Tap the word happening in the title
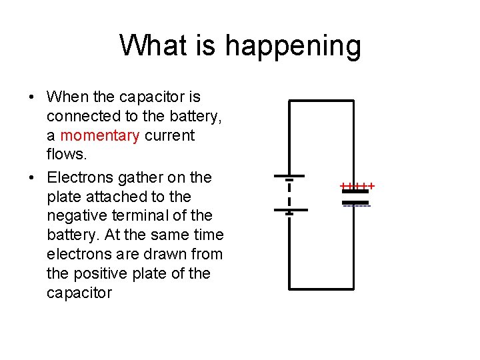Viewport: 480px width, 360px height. point(293,46)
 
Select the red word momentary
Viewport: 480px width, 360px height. point(100,136)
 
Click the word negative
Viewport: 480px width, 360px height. point(75,216)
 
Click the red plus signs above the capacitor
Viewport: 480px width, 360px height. point(357,185)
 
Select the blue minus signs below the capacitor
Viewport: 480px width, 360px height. point(357,205)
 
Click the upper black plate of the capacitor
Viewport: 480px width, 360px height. point(355,191)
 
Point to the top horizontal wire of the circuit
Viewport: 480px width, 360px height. point(321,101)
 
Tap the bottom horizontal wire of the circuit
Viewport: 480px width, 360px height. point(321,289)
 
